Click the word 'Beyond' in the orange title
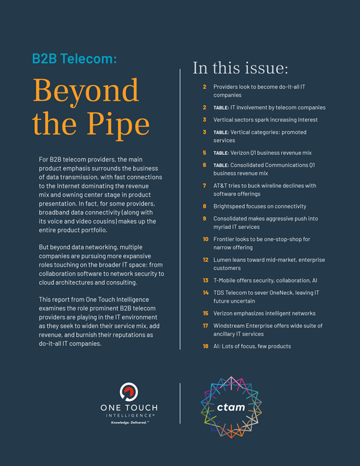[x=86, y=90]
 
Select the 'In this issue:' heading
[x=240, y=68]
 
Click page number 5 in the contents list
[x=205, y=153]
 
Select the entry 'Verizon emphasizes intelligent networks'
[x=265, y=313]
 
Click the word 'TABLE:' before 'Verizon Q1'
[x=221, y=153]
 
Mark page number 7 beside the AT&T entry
[x=205, y=186]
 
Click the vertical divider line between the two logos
[x=180, y=403]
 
